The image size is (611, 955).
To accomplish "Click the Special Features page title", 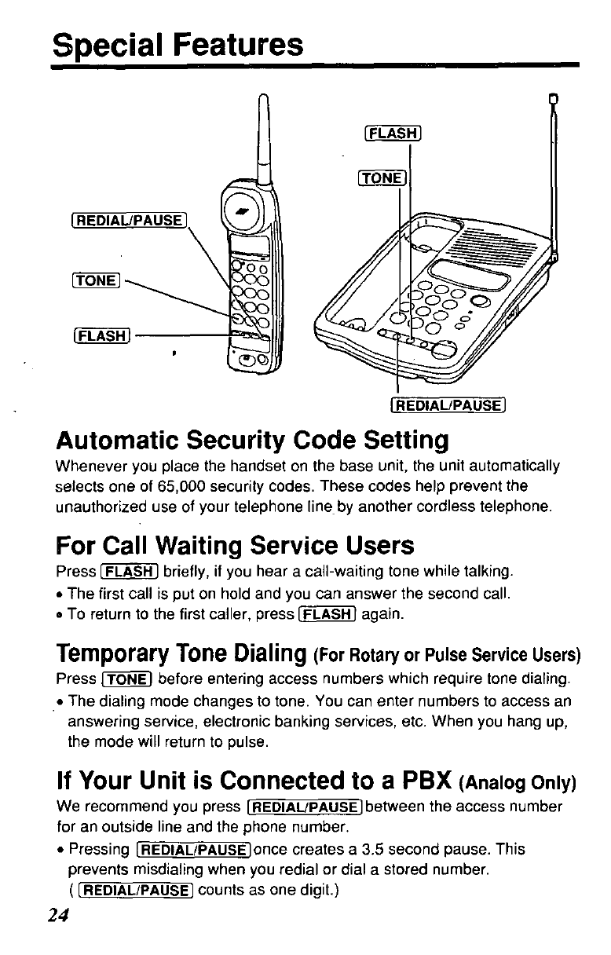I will tap(177, 45).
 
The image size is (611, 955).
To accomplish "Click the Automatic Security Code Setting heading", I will tap(252, 439).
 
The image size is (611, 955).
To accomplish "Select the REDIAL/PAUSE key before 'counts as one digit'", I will tap(141, 891).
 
